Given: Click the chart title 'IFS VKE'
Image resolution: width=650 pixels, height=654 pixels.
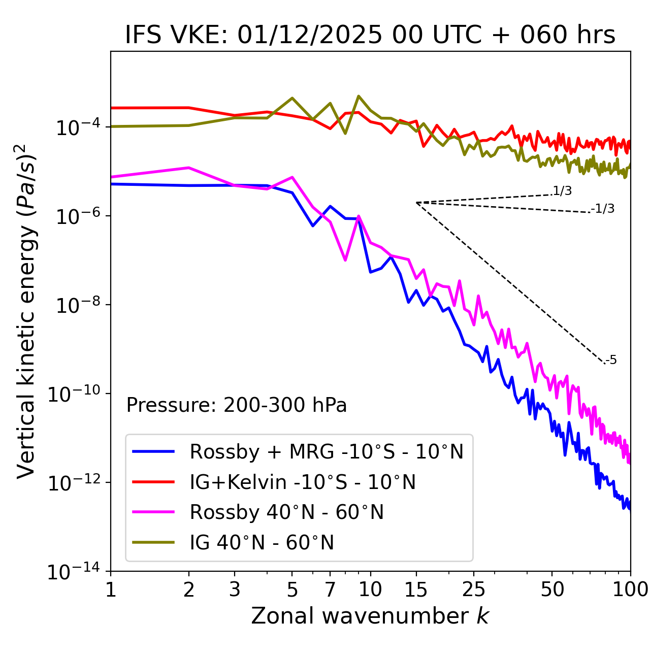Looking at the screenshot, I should point(370,35).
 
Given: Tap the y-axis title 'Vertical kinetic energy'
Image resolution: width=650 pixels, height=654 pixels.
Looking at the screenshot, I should point(27,311).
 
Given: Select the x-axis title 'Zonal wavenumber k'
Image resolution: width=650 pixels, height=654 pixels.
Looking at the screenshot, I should point(370,616).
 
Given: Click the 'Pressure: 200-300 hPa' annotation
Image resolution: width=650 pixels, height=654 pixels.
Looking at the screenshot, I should point(236,405).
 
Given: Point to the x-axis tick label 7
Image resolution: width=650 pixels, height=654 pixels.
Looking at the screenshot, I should point(330,589).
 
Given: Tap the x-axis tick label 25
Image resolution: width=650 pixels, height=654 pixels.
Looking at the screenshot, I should point(473,589).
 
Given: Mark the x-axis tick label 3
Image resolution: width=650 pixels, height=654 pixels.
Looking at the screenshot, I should point(235,589).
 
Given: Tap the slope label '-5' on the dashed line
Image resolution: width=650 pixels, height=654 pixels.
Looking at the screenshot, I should point(611,361).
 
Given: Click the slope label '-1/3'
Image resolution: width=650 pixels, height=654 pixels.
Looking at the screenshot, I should point(603,209).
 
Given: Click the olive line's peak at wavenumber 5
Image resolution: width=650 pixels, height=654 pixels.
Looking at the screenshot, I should point(292,98).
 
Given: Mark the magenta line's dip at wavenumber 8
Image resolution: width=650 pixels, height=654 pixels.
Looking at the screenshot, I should point(345,260).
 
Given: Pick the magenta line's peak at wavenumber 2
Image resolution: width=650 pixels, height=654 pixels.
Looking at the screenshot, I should point(189,168).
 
